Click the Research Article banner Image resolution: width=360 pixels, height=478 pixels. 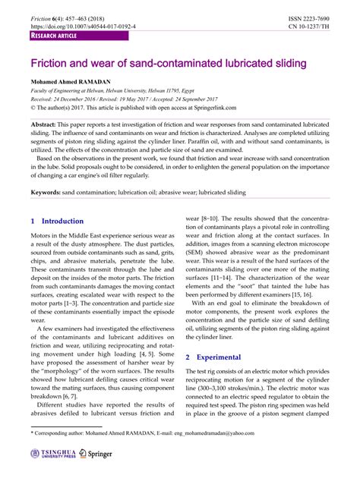(55, 36)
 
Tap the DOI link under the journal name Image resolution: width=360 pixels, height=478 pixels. (83, 26)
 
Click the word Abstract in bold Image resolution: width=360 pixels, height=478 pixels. (45, 124)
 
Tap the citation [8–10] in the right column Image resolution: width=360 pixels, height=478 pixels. (213, 216)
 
